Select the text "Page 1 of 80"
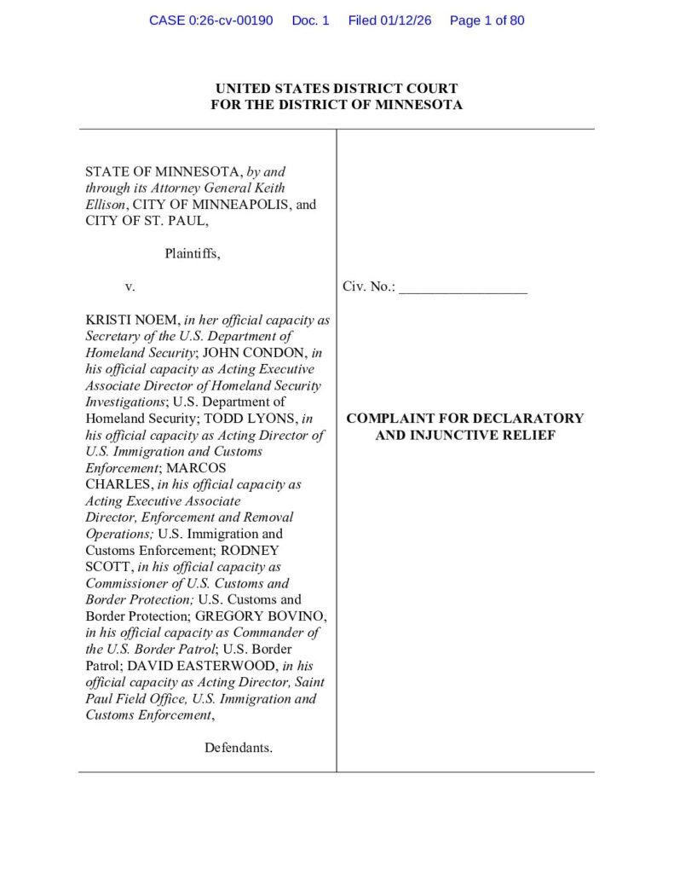click(487, 20)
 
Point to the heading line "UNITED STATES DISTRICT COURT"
click(337, 89)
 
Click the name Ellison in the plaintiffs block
click(106, 205)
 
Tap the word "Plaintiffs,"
click(192, 253)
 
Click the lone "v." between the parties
click(130, 287)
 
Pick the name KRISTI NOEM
click(132, 320)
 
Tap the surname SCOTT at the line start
click(107, 567)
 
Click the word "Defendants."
click(239, 749)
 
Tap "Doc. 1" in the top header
click(310, 20)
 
